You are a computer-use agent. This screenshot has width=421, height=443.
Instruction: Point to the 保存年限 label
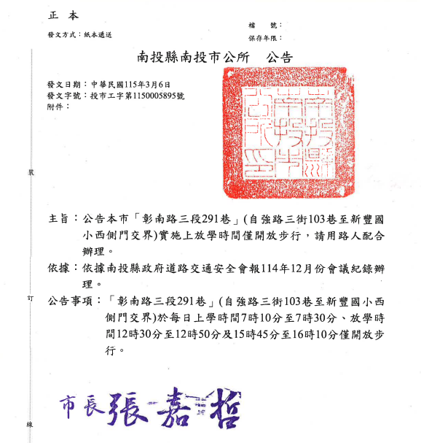264,37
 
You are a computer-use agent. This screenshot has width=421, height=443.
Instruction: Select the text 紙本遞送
97,35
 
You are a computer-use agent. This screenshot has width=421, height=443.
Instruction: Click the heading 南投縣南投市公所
192,56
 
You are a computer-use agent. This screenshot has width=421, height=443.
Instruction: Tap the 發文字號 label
61,95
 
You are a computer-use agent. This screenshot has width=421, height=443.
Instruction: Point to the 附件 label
55,106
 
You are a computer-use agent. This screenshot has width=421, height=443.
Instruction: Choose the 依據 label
61,268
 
